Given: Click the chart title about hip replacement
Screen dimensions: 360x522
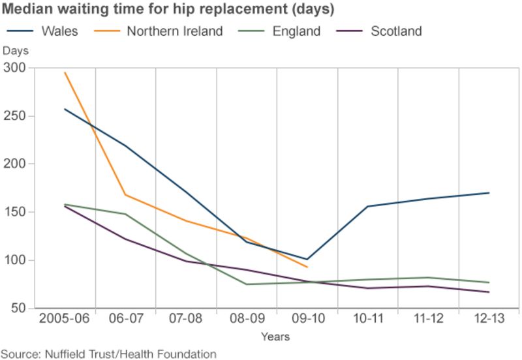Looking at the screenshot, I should (169, 10).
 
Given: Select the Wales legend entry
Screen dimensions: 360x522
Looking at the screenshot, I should (59, 31).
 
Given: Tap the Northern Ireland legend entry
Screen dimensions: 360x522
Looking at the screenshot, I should (174, 31).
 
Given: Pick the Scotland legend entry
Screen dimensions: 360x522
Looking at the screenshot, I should (395, 31).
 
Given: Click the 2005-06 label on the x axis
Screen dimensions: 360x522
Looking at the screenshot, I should (65, 320).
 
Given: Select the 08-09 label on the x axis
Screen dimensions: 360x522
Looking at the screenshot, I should (246, 320).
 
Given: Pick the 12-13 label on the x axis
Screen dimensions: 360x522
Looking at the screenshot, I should (489, 320).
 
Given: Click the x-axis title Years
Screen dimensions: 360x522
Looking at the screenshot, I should (275, 337).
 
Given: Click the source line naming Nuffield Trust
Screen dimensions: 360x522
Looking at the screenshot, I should (108, 353).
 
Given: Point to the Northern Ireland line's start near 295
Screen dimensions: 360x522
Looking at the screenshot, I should (65, 73).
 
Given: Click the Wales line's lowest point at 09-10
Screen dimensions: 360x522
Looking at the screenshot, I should (307, 259).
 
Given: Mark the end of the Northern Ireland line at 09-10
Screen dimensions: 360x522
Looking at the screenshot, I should (307, 267).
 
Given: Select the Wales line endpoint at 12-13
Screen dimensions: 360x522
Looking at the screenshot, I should (489, 193).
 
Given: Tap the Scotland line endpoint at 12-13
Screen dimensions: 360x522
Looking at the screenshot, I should (489, 292).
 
